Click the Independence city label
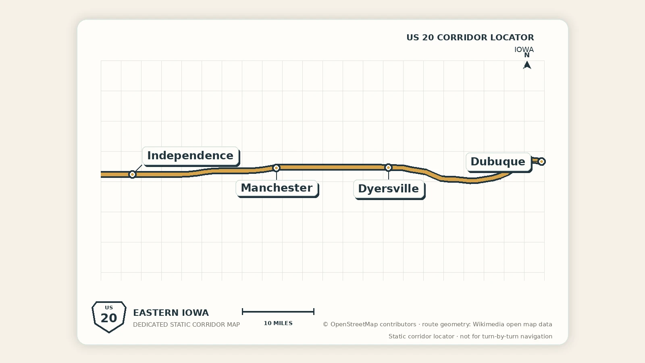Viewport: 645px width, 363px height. tap(190, 156)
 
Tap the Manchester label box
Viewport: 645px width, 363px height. tap(277, 188)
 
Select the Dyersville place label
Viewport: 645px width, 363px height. tap(389, 189)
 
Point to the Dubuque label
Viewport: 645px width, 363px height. tap(498, 162)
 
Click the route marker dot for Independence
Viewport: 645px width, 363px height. tap(132, 174)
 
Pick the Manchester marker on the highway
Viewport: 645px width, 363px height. tap(276, 168)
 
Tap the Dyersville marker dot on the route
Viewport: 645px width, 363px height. tap(388, 167)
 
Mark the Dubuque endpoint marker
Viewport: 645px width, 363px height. tap(541, 161)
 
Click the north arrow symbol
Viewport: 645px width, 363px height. tap(527, 65)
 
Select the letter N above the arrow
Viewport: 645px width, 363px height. tap(527, 55)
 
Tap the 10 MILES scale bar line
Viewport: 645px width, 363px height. tap(278, 311)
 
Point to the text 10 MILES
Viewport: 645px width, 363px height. tap(278, 323)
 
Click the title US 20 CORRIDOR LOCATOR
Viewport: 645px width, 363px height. tap(470, 38)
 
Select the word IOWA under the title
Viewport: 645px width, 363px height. tap(524, 50)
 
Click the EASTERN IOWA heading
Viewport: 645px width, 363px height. tap(171, 313)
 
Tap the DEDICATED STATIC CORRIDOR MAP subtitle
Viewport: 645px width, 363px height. tap(186, 325)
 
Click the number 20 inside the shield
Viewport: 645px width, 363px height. tap(109, 318)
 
